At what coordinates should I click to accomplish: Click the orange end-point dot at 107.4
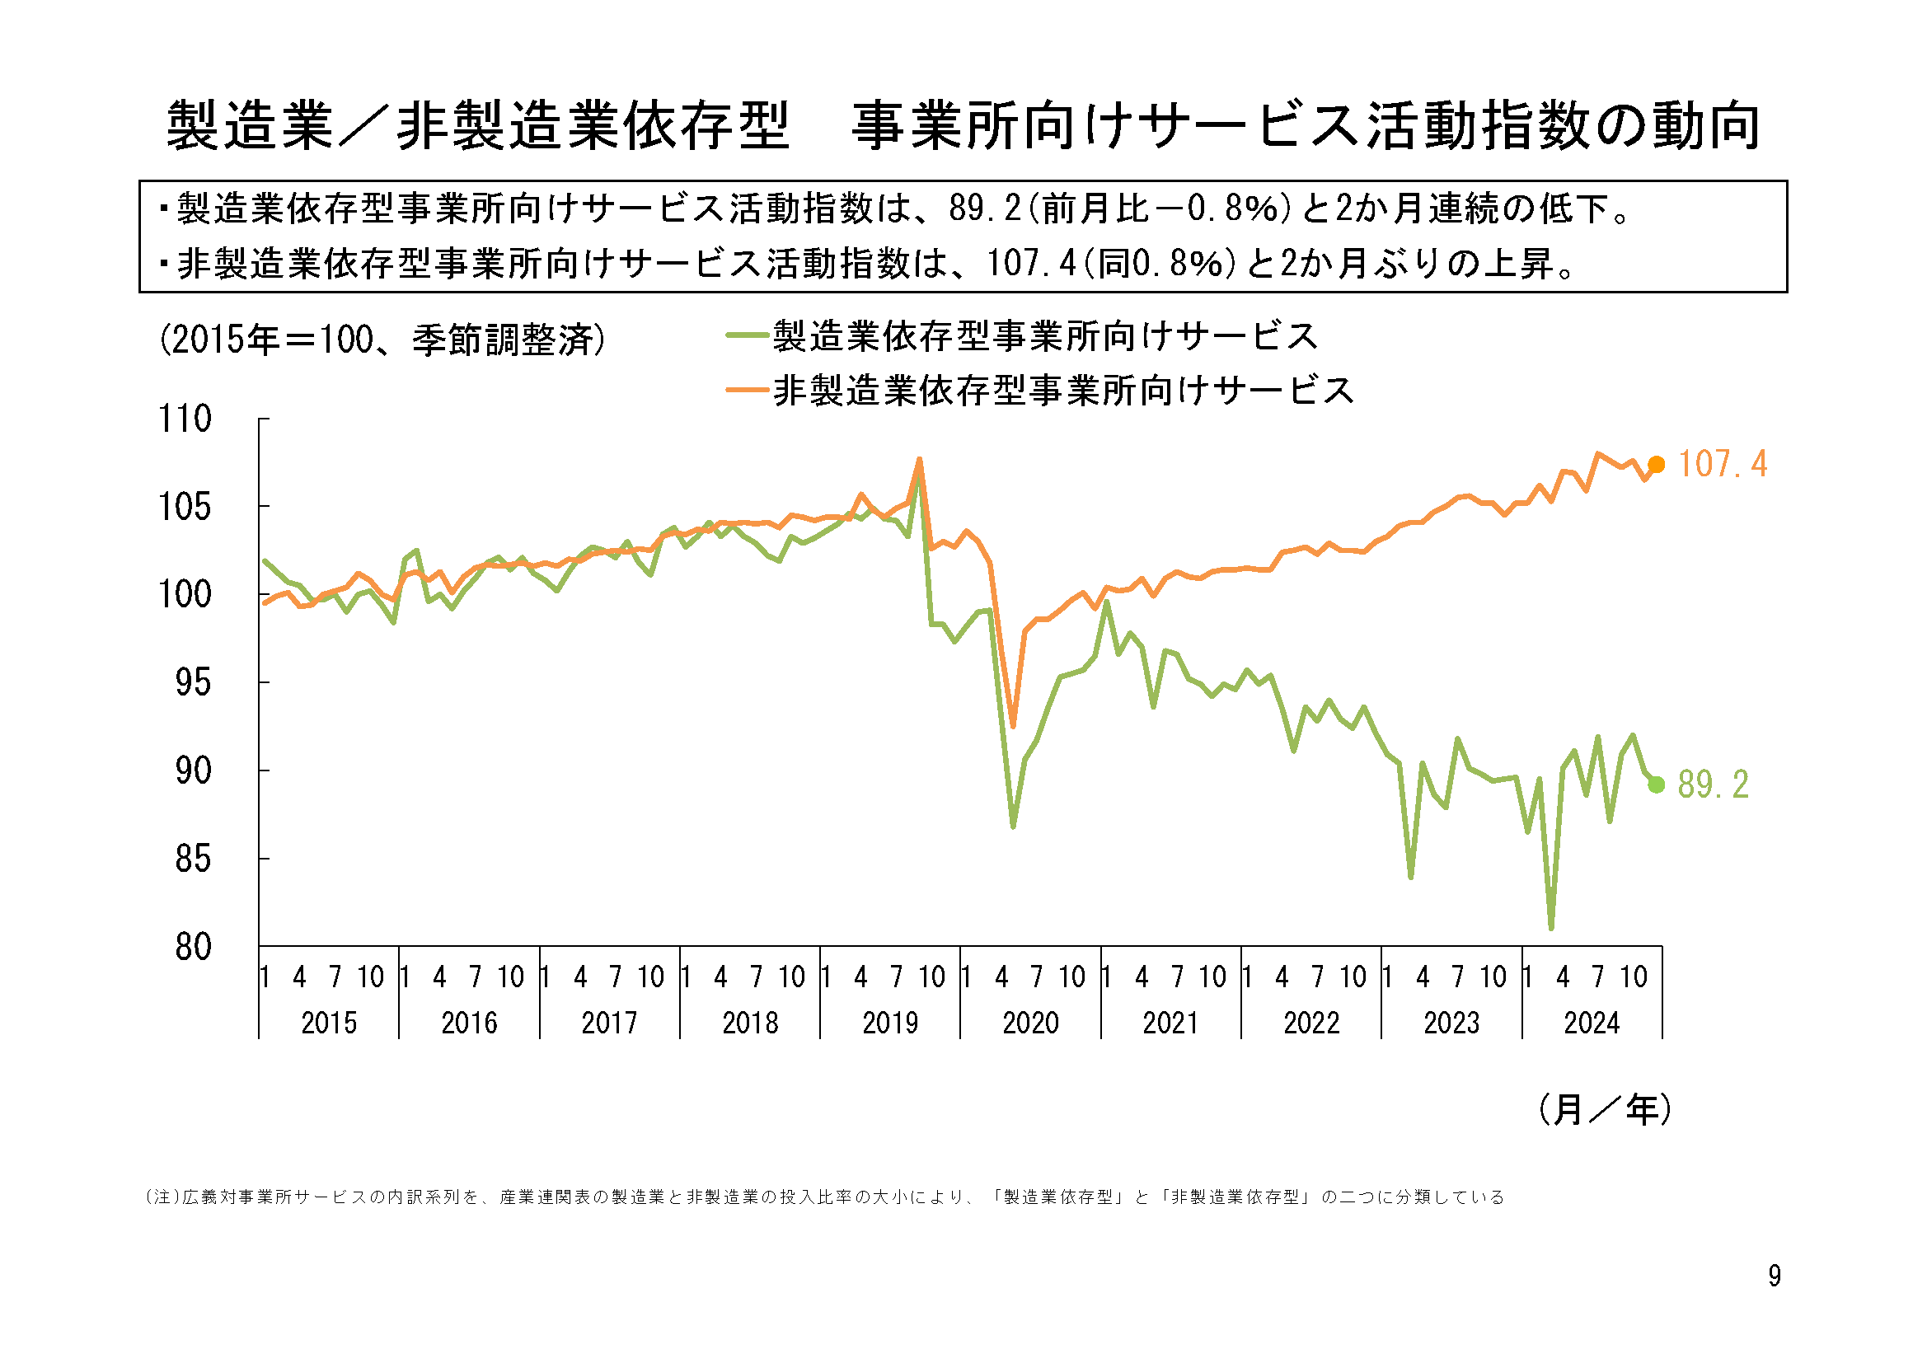pyautogui.click(x=1656, y=465)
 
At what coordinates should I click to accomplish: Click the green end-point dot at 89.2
pyautogui.click(x=1656, y=785)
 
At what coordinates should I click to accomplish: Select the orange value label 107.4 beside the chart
pyautogui.click(x=1723, y=465)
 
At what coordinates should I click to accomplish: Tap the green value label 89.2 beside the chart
pyautogui.click(x=1713, y=785)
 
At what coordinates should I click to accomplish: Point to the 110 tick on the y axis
pyautogui.click(x=185, y=419)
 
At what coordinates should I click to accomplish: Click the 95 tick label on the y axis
pyautogui.click(x=193, y=683)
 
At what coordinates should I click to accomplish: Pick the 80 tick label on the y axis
pyautogui.click(x=193, y=947)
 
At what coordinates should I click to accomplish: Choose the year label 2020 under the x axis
pyautogui.click(x=1030, y=1023)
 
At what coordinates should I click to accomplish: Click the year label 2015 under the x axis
pyautogui.click(x=329, y=1023)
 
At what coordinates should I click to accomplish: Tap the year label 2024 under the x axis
pyautogui.click(x=1592, y=1023)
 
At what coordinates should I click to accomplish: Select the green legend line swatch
pyautogui.click(x=747, y=335)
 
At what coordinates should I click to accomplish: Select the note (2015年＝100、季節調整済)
pyautogui.click(x=382, y=340)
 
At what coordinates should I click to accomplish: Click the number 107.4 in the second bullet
pyautogui.click(x=1031, y=264)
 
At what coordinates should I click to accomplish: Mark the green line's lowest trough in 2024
pyautogui.click(x=1551, y=927)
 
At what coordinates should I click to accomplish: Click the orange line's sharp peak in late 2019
pyautogui.click(x=920, y=459)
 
